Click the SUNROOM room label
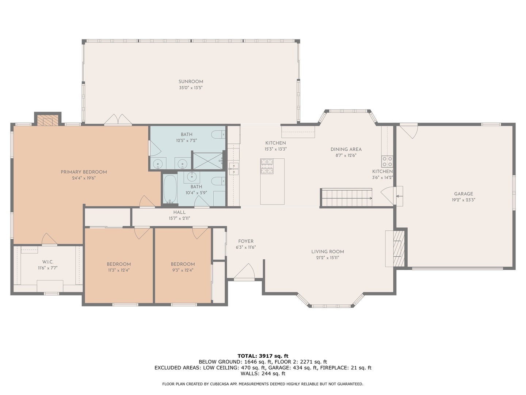(191, 82)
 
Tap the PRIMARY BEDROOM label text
(84, 172)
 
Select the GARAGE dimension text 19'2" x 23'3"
(464, 200)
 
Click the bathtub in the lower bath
(170, 189)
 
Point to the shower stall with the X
(208, 161)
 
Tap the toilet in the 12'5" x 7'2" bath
(218, 135)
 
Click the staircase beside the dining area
(347, 197)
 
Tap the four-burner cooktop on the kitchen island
(267, 166)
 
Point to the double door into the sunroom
(118, 120)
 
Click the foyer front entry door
(244, 272)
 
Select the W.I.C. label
(48, 262)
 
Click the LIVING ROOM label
(328, 252)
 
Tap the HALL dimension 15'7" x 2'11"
(179, 218)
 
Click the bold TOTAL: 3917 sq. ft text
(263, 356)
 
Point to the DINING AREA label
(346, 150)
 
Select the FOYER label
(245, 241)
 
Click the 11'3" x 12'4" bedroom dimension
(119, 270)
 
